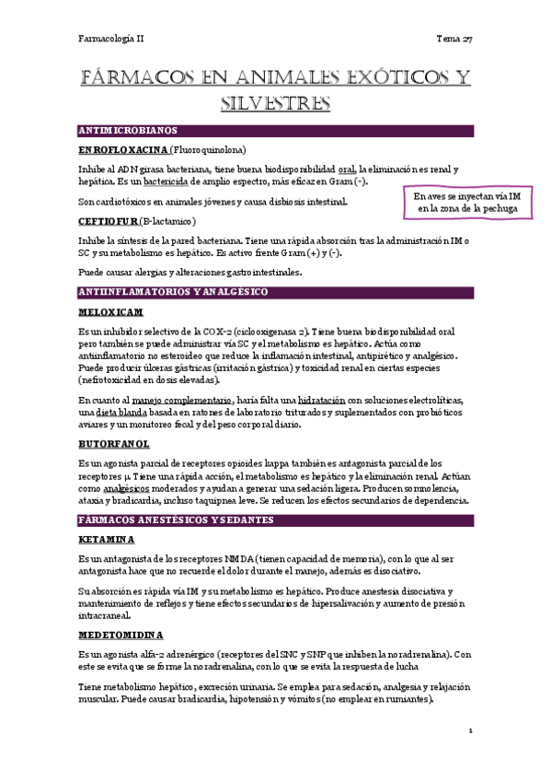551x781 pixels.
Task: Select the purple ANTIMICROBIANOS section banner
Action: tap(275, 131)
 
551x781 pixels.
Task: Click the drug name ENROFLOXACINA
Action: tap(122, 149)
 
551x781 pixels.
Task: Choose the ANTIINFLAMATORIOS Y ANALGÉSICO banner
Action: tap(275, 292)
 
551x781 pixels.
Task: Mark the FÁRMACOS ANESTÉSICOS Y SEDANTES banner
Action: tap(275, 520)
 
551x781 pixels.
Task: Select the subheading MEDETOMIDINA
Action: tap(121, 635)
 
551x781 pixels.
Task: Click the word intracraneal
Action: tap(105, 614)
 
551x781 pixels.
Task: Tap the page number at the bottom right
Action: tap(470, 731)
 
